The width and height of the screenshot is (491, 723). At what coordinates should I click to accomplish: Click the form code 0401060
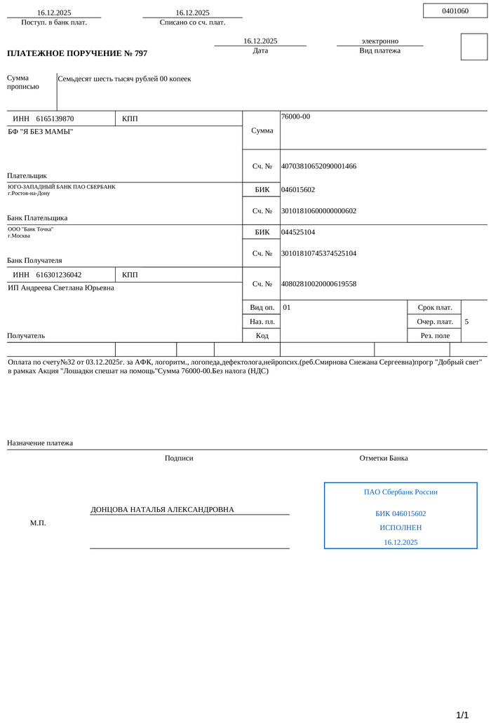455,11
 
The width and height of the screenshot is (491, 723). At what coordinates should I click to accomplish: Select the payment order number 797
139,53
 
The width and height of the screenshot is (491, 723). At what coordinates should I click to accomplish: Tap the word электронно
379,41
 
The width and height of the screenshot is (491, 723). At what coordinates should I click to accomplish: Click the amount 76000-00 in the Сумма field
295,116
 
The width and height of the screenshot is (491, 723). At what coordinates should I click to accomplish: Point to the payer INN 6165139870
55,119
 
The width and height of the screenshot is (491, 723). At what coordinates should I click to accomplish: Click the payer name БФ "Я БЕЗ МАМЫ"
40,131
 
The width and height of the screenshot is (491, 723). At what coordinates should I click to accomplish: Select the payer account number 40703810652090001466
318,166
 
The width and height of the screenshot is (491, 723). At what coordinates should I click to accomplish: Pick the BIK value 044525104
298,232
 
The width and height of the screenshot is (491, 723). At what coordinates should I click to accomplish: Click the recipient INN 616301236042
59,275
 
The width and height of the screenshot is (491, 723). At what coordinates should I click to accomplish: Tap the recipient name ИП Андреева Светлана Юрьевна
61,288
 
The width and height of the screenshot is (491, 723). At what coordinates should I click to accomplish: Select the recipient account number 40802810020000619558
318,284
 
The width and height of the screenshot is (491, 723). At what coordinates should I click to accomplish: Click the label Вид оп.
262,308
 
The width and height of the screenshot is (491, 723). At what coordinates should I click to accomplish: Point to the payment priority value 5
466,322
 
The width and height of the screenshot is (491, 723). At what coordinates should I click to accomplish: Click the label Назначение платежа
40,443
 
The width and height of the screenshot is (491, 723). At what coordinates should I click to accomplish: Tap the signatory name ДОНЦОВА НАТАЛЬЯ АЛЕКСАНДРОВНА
162,510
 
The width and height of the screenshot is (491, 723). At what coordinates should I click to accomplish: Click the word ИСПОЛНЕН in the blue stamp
401,527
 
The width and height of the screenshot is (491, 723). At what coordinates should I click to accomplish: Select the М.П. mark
38,523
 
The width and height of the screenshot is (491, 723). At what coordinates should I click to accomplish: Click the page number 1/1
462,715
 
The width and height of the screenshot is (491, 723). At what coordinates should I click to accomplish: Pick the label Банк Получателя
34,260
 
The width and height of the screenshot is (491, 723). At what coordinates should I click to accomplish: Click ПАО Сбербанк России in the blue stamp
401,492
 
